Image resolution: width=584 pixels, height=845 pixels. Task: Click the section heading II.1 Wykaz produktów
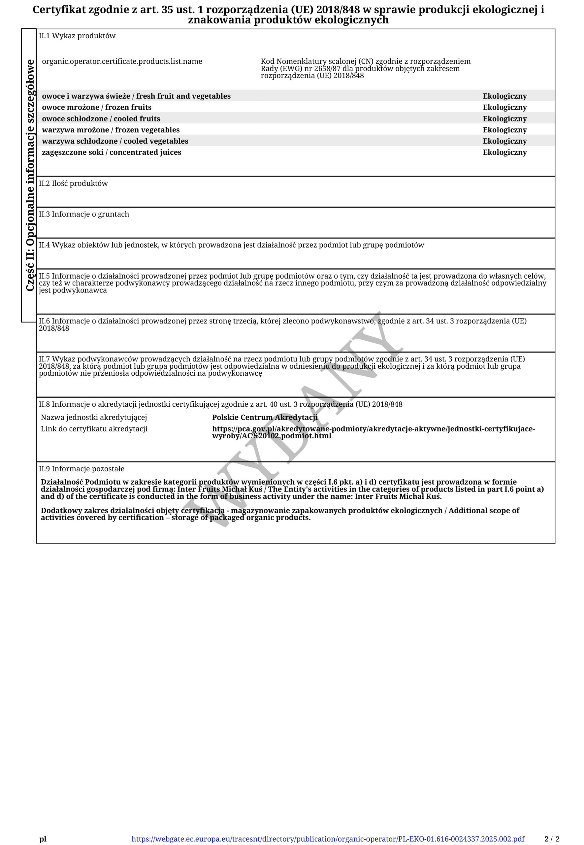pos(77,36)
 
